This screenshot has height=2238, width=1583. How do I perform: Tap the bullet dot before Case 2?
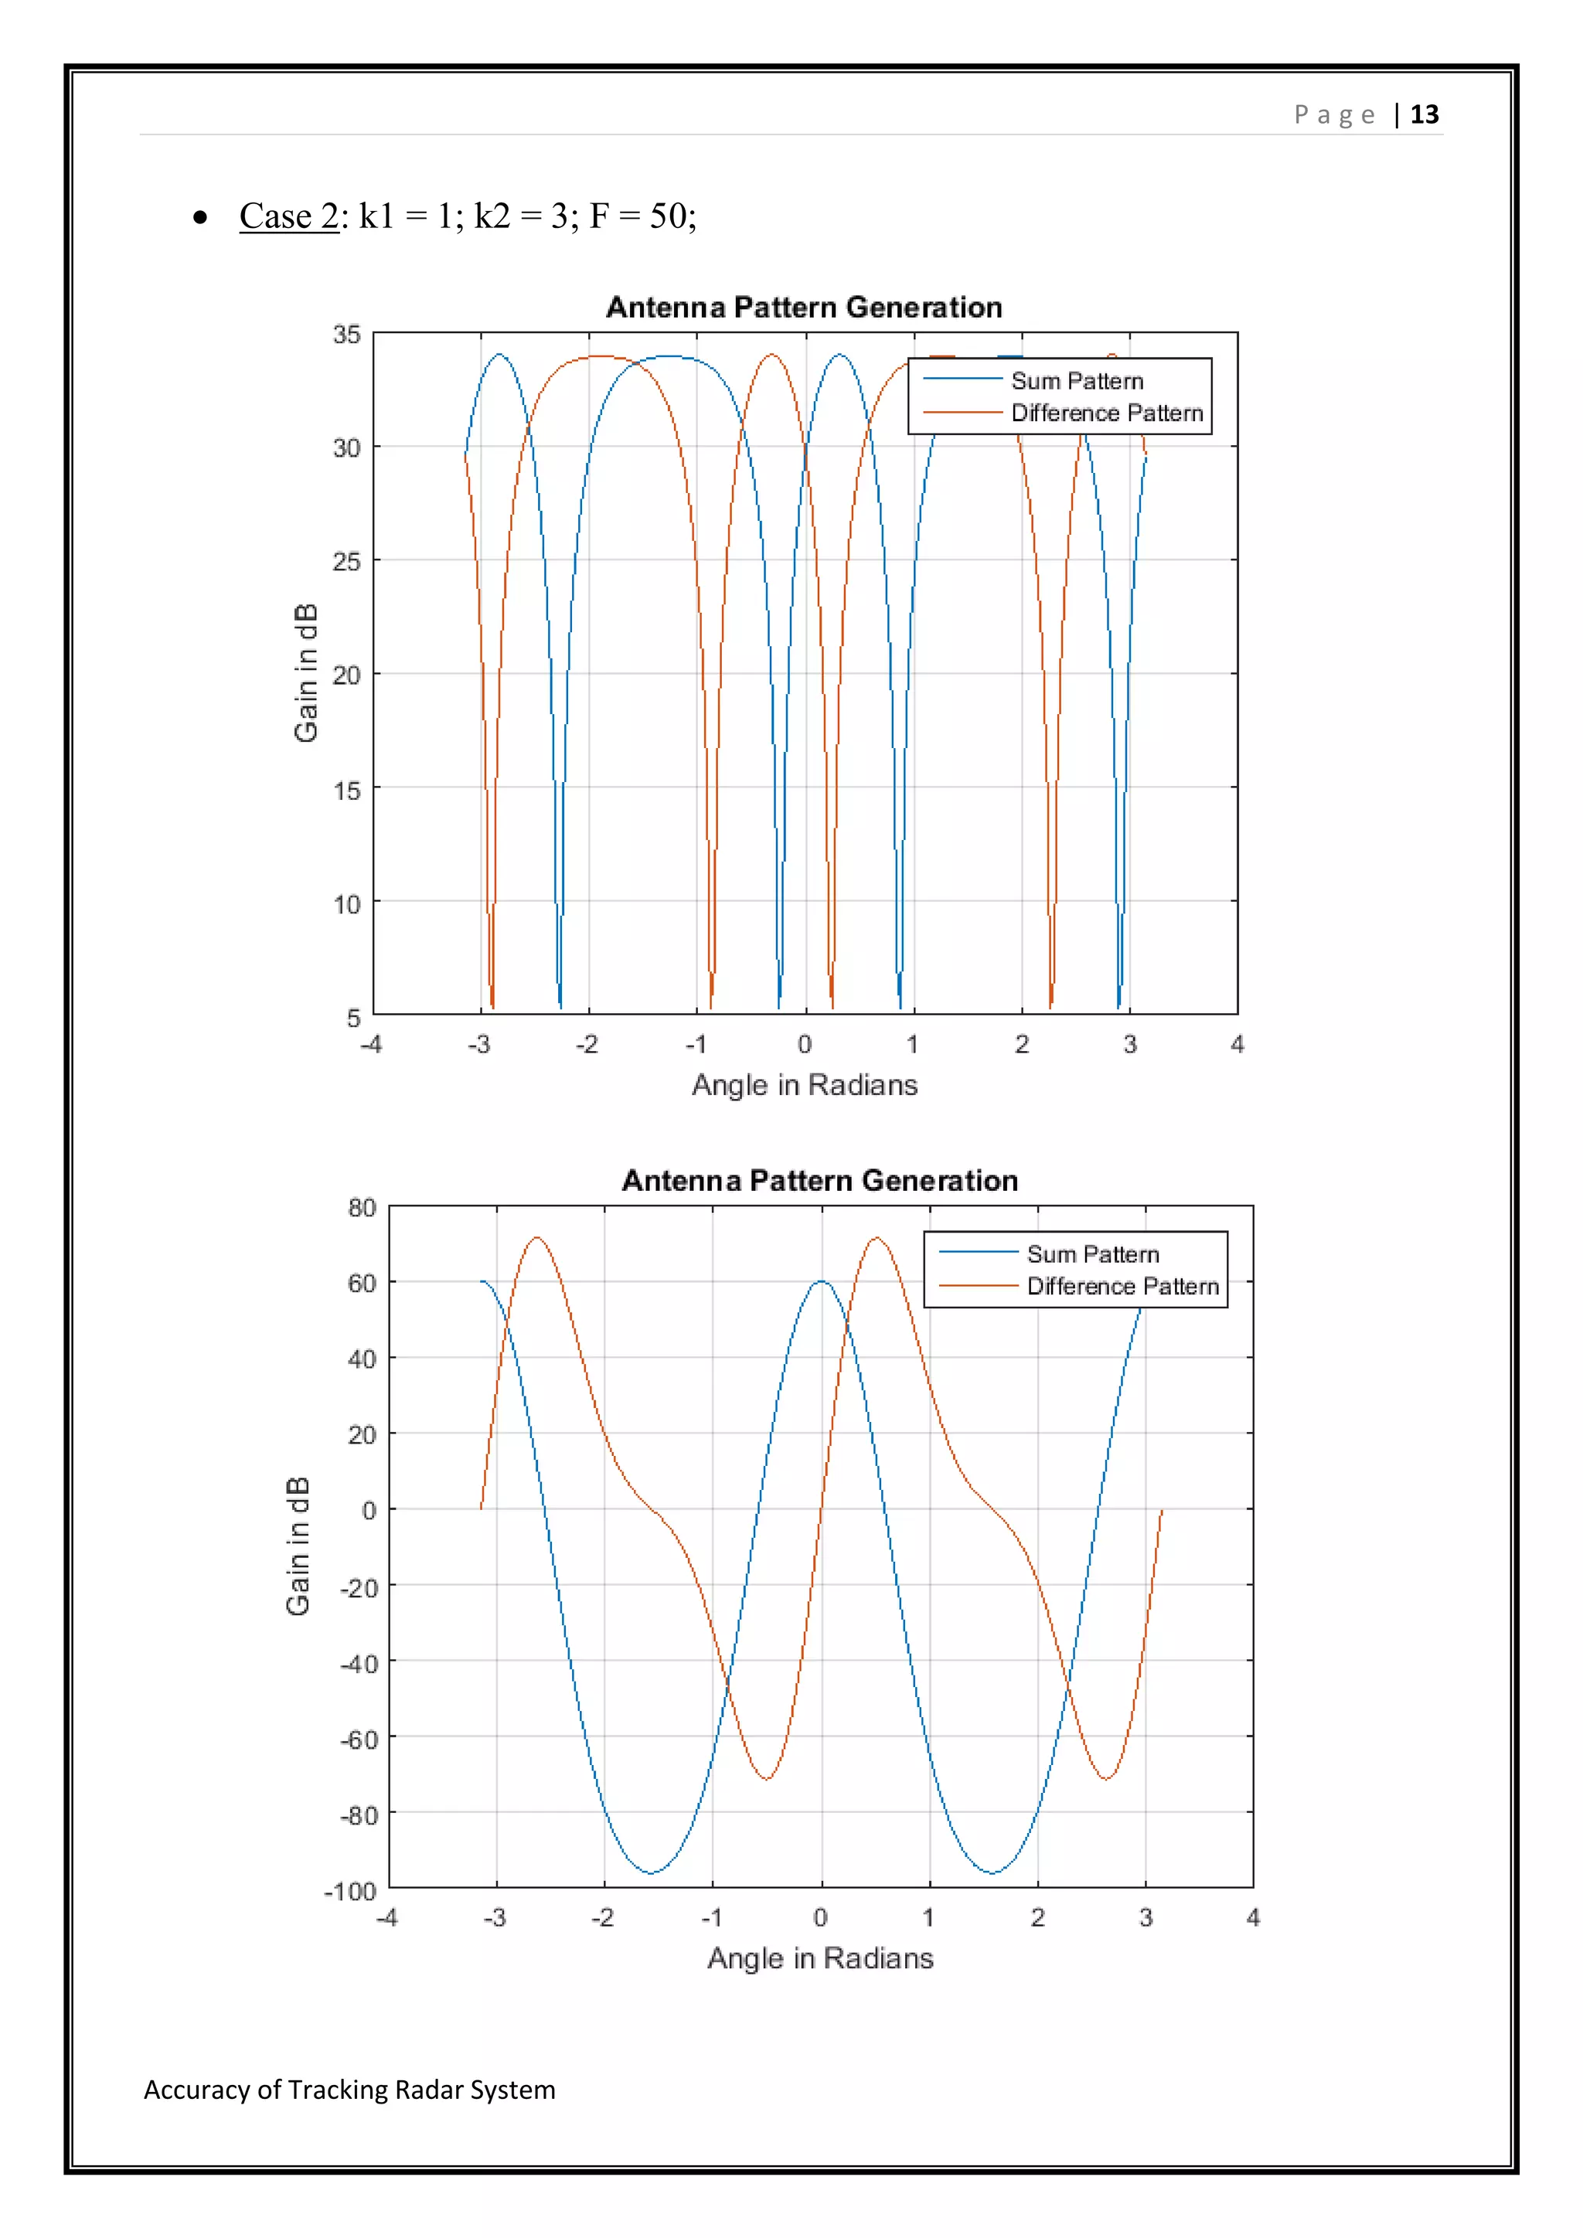(x=200, y=217)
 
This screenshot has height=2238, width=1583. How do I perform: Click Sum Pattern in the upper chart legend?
(x=1076, y=381)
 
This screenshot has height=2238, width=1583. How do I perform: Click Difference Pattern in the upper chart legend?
(x=1106, y=413)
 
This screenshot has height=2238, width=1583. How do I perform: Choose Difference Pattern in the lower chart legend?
(x=1122, y=1287)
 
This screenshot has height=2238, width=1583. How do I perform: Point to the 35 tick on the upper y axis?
(x=346, y=335)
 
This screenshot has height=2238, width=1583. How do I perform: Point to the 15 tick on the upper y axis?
(x=346, y=791)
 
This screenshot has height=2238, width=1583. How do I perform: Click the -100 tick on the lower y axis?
(x=350, y=1892)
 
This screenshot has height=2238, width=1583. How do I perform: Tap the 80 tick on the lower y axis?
(x=362, y=1209)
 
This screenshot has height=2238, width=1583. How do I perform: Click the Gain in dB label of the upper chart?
(x=305, y=672)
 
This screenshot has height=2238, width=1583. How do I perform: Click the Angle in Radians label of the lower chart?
(x=820, y=1957)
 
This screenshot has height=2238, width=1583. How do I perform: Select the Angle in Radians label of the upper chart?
(x=804, y=1085)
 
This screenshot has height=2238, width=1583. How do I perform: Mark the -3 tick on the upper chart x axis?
(x=478, y=1045)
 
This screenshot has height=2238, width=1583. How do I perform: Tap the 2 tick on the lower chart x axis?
(x=1037, y=1918)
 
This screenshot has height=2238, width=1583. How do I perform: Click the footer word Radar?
(x=431, y=2090)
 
